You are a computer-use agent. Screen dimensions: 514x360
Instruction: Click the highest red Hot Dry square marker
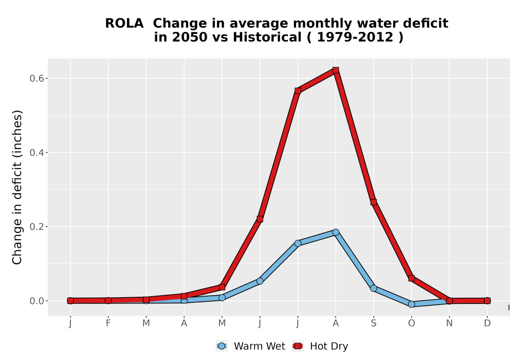[336, 70]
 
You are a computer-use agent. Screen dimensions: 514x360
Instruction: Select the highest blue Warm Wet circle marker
[336, 232]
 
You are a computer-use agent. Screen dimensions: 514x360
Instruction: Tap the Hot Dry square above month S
[374, 202]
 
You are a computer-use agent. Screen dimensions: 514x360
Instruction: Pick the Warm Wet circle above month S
[374, 288]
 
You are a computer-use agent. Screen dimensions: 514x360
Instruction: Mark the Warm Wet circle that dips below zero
[411, 304]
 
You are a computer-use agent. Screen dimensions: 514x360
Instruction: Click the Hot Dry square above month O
[411, 278]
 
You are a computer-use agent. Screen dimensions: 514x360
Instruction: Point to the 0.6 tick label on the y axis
[36, 78]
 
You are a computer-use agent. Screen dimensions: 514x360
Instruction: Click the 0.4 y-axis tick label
[36, 152]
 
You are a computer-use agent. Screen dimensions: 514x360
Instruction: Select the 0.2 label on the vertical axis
[36, 227]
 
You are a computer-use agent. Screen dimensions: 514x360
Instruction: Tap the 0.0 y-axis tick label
[36, 301]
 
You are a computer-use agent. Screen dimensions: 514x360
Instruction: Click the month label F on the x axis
[108, 323]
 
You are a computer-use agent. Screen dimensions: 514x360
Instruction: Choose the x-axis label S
[374, 323]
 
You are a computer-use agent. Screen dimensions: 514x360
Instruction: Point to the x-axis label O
[411, 323]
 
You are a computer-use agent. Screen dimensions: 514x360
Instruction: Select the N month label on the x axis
[449, 323]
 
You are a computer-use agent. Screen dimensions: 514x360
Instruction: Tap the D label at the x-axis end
[487, 323]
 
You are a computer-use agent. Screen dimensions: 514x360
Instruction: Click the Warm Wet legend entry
[251, 346]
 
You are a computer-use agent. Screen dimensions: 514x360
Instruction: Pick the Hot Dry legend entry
[320, 346]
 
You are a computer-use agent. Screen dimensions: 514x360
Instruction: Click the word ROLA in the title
[124, 24]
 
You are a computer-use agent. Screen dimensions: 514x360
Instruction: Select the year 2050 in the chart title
[190, 38]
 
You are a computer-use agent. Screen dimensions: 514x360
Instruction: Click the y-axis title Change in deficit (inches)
[17, 187]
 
